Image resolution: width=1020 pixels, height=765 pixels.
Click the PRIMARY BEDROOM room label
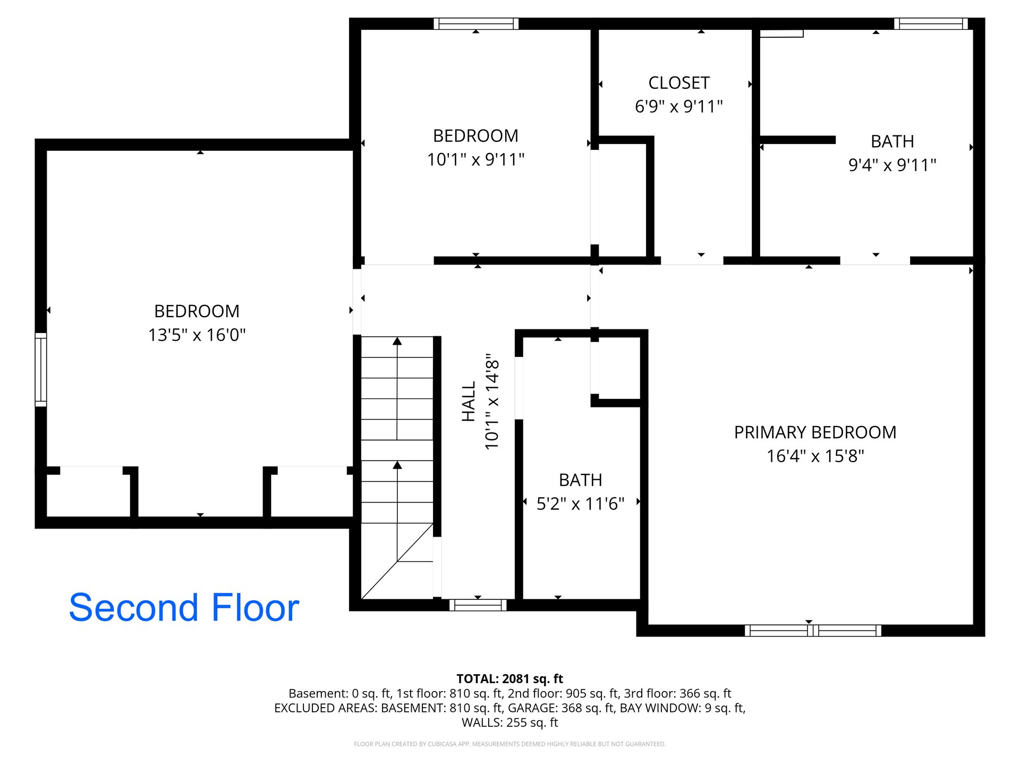pos(815,432)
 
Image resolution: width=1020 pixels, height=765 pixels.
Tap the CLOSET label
pos(679,83)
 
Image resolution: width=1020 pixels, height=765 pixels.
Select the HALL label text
pos(469,402)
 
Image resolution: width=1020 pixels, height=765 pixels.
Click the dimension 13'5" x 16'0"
pos(197,335)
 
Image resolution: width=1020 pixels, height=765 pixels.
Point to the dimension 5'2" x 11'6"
pos(581,503)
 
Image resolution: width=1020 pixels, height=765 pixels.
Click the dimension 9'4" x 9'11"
pos(892,165)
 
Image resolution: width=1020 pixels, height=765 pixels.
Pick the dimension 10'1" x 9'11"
pos(476,159)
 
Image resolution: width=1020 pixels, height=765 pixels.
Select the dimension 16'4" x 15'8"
pos(815,456)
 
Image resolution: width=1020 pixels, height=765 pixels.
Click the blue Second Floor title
pos(184,607)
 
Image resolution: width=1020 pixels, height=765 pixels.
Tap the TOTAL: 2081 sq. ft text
pos(510,678)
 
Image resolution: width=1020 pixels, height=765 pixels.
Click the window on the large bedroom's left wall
pos(41,370)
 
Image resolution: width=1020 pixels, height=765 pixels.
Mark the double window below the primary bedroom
pos(813,631)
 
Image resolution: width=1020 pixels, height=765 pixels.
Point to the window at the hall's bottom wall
pos(478,605)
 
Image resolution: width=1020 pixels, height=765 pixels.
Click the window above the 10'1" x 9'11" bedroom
pos(476,24)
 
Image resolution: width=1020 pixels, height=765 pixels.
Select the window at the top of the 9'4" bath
pos(931,24)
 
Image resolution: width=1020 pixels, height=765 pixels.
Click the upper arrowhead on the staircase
pos(397,341)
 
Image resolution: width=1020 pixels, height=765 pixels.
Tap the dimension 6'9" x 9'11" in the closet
pos(679,106)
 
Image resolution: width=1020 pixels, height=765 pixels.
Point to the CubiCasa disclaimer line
pos(510,744)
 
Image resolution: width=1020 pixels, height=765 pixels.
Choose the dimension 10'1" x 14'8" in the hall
pos(492,402)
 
